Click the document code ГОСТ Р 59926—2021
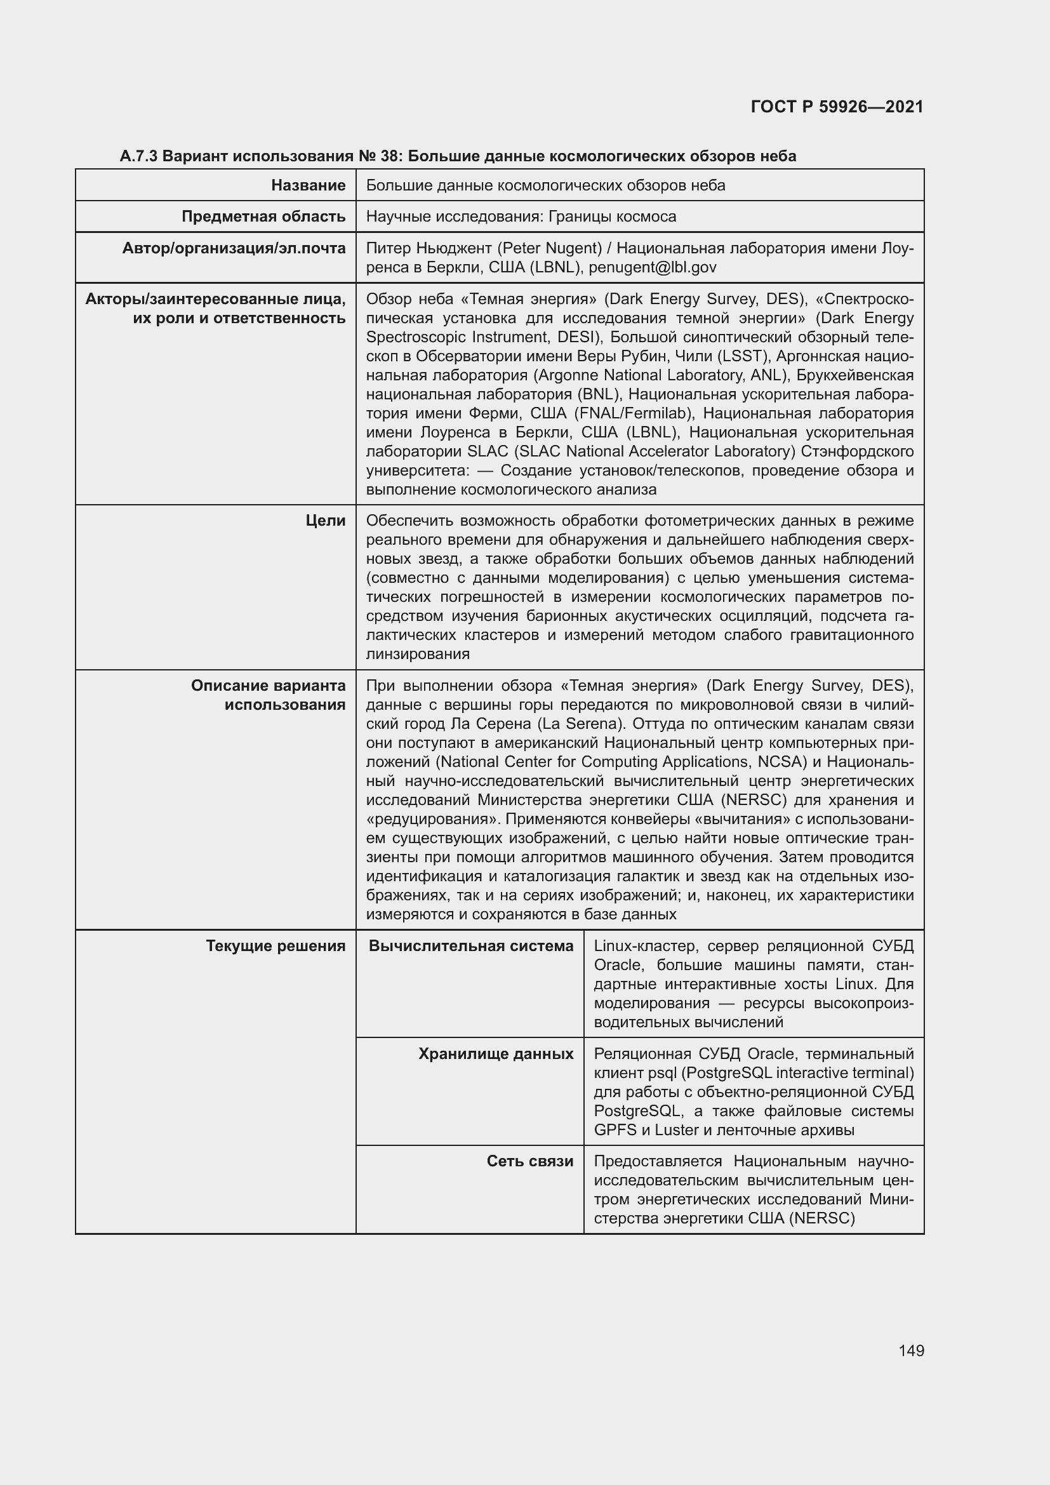click(837, 107)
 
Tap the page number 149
click(911, 1350)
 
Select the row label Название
click(308, 185)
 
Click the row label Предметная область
click(263, 216)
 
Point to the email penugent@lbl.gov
click(653, 267)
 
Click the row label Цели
click(325, 521)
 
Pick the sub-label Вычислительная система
click(470, 946)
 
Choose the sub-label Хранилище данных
click(495, 1055)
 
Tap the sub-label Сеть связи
click(529, 1162)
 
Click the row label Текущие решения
click(276, 946)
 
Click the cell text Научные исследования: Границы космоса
click(521, 216)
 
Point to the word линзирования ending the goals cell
click(418, 654)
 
